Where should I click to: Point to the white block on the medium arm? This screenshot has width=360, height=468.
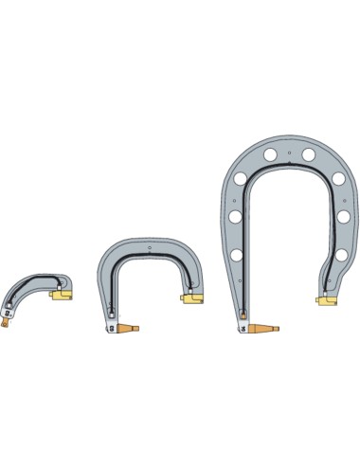114,329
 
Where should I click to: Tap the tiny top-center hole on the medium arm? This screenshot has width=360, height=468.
150,250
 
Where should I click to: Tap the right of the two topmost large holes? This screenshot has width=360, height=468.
308,153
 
